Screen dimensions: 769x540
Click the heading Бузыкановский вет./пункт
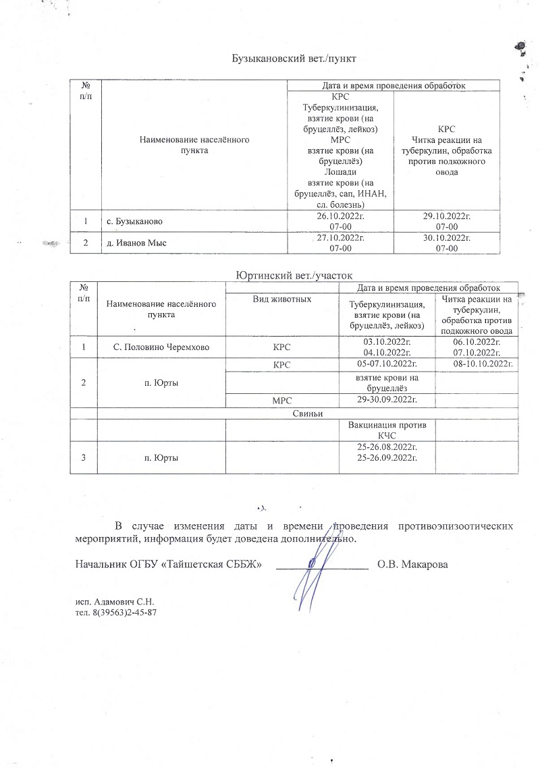tap(294, 58)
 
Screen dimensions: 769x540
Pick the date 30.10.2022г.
tap(446, 238)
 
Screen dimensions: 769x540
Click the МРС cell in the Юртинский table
tap(281, 401)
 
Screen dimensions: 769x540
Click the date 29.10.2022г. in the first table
tap(446, 216)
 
